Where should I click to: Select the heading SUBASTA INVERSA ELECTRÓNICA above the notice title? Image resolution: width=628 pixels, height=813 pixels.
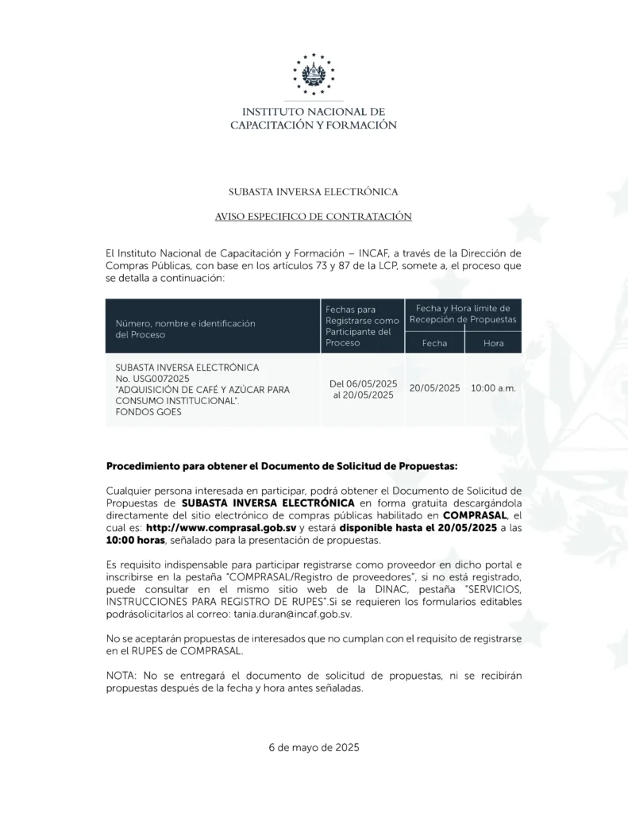(314, 192)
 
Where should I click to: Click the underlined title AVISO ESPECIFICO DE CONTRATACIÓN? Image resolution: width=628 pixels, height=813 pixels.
(314, 216)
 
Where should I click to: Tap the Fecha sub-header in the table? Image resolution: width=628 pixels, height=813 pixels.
(434, 343)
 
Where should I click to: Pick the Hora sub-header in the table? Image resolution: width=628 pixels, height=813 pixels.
(493, 343)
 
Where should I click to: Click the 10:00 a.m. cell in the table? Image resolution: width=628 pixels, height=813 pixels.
(493, 388)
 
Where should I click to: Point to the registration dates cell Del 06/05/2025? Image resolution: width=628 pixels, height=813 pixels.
(363, 383)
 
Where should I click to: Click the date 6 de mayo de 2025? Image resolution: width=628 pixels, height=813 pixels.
(314, 747)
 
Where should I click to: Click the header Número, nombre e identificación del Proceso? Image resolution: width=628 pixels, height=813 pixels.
(185, 329)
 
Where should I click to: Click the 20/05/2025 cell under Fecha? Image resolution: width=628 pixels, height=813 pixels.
(434, 388)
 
